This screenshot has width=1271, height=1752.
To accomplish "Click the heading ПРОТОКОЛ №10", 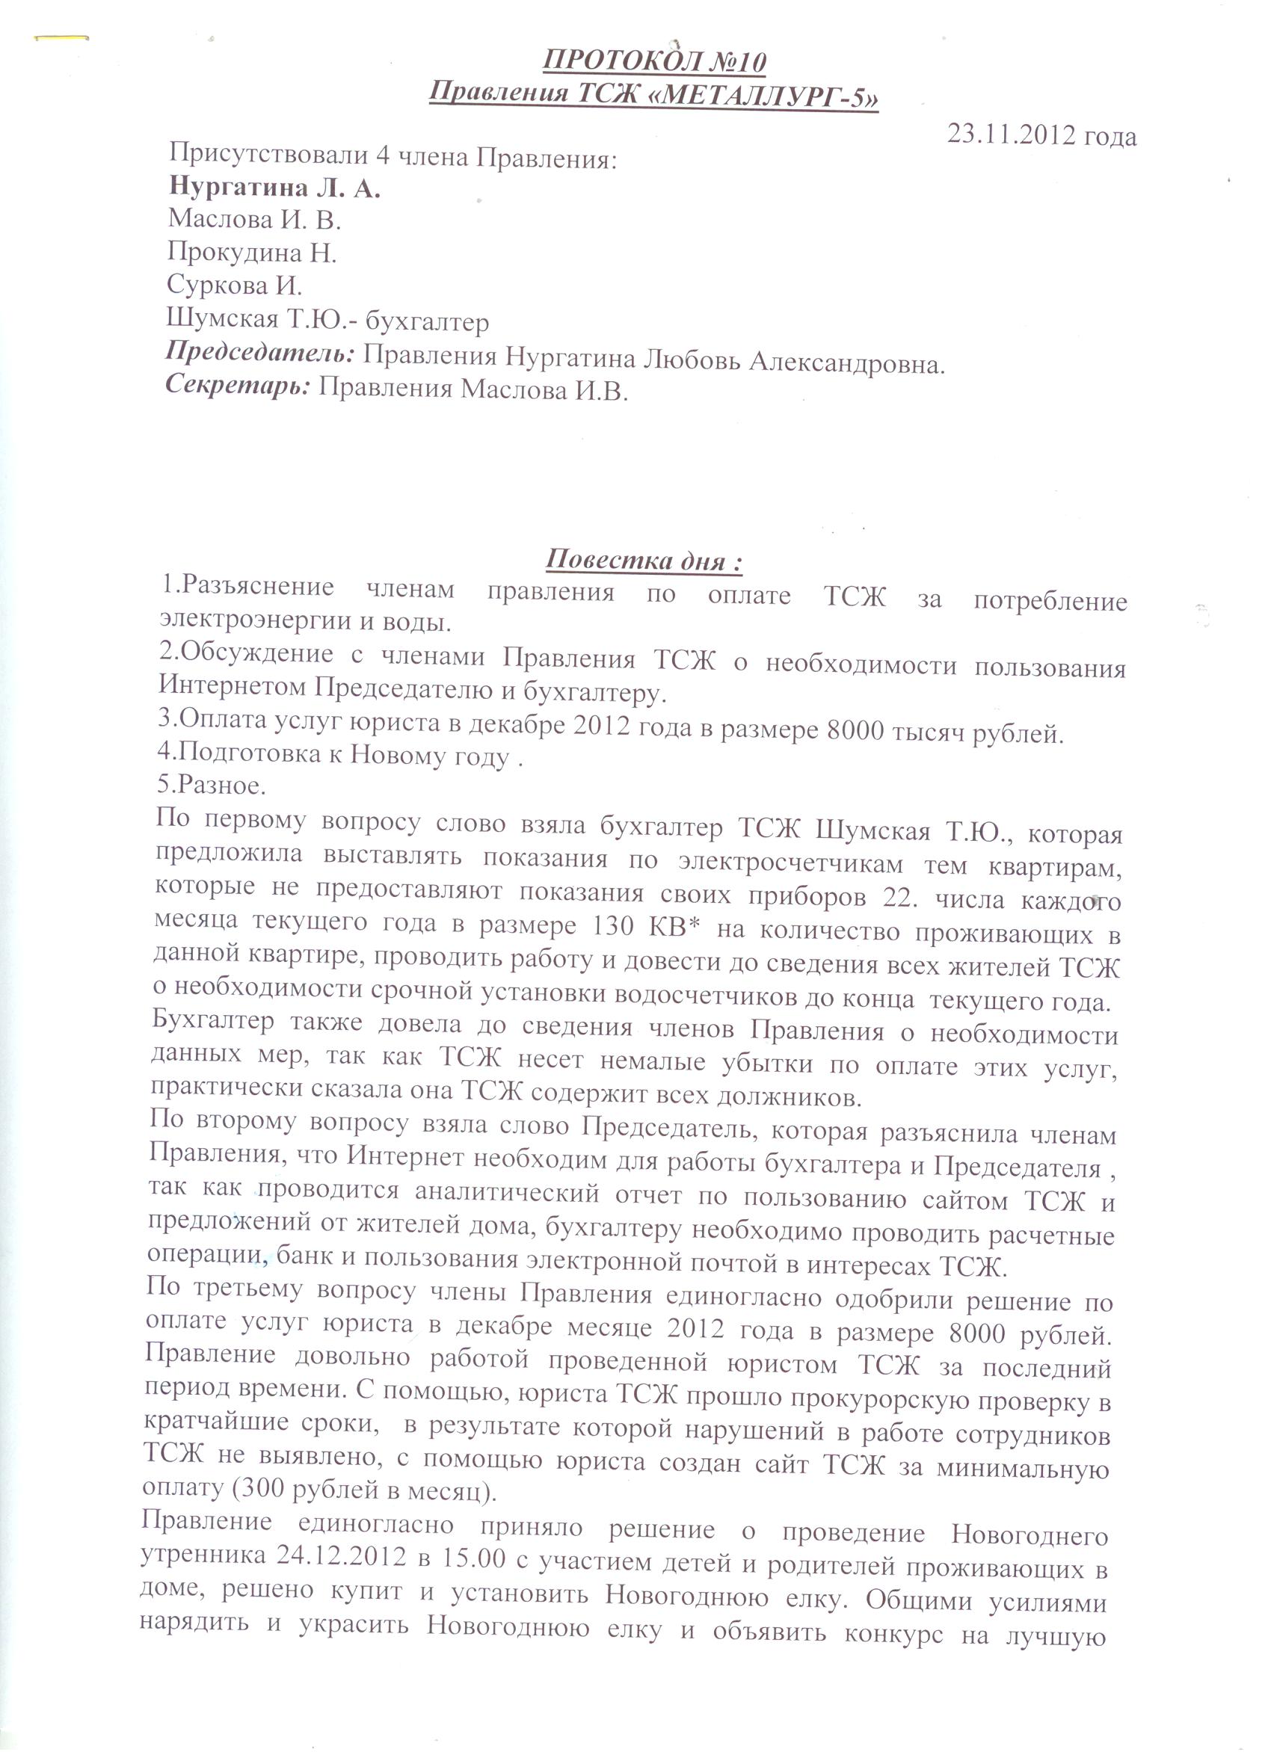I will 655,62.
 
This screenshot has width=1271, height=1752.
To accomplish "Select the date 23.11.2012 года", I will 1041,135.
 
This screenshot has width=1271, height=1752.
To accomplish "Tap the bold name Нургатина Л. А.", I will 274,188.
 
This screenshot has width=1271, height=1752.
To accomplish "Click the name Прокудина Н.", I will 252,252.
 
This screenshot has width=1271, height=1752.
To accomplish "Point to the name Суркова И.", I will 234,285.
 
